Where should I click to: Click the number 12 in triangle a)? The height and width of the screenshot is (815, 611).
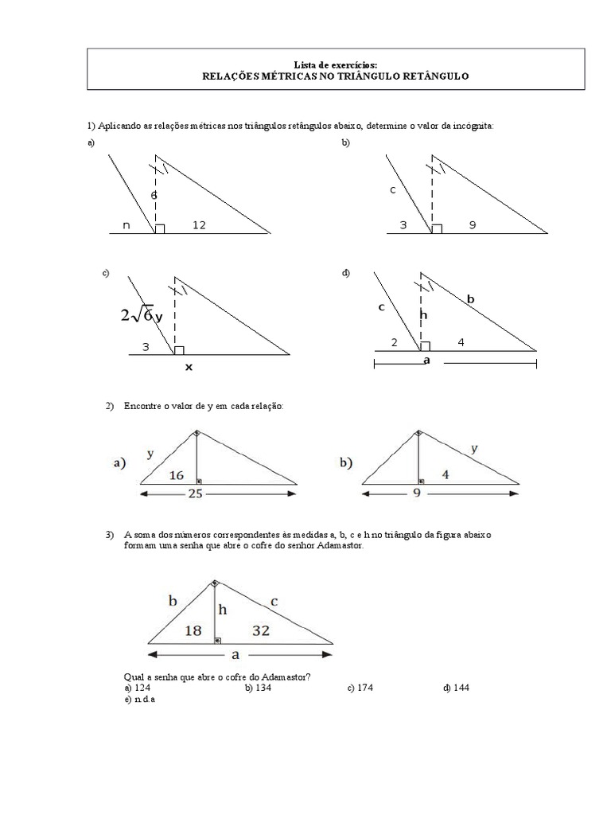(x=199, y=226)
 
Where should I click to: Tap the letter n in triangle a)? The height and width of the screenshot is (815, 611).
(x=126, y=226)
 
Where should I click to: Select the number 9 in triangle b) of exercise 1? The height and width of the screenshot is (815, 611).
(x=472, y=226)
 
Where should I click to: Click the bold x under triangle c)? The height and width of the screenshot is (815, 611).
(x=189, y=368)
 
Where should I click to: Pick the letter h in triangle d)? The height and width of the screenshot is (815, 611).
(x=423, y=315)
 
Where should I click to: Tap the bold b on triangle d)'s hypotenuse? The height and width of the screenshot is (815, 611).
(x=470, y=299)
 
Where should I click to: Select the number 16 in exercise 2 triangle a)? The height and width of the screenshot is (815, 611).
(x=177, y=475)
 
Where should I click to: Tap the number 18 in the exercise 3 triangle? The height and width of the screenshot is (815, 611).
(x=193, y=630)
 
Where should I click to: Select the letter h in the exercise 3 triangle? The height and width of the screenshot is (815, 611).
(x=223, y=610)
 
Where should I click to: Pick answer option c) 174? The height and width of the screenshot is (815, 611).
(x=361, y=687)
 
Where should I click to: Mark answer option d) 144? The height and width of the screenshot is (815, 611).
(x=456, y=687)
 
